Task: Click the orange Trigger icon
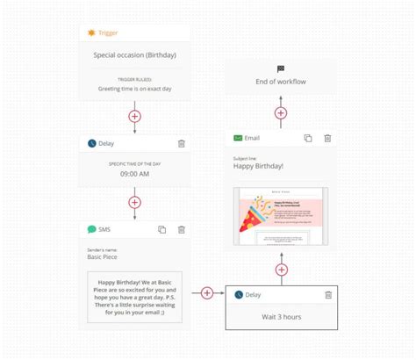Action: pos(91,32)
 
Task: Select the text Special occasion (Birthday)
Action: pos(134,55)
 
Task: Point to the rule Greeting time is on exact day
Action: pos(134,87)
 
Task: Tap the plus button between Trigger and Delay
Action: pos(134,116)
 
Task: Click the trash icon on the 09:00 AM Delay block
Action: pos(181,143)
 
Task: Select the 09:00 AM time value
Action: pos(134,174)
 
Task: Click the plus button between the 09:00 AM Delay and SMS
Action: pos(134,202)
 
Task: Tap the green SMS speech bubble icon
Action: pos(91,229)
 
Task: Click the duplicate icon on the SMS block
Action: pos(161,229)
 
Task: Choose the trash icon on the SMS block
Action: pos(181,229)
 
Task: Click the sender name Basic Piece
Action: pos(106,258)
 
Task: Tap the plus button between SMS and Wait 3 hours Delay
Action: pos(207,293)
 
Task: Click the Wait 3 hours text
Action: pos(281,316)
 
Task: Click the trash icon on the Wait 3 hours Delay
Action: pos(327,295)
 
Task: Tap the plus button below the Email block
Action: pos(281,270)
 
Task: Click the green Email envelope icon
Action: pos(238,138)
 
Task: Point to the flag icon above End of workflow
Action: pos(281,68)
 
